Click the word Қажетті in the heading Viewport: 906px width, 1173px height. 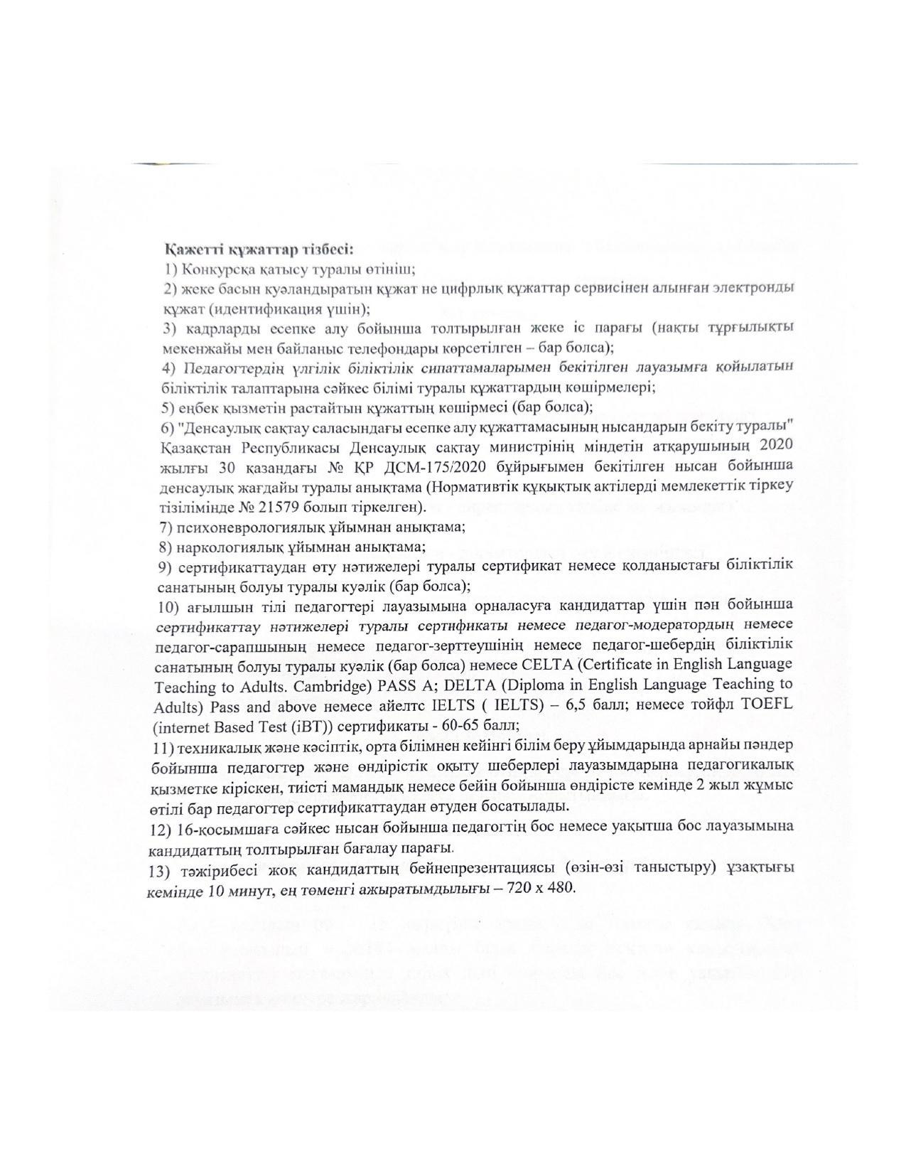pyautogui.click(x=190, y=250)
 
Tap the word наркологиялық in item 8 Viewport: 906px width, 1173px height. pyautogui.click(x=233, y=547)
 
